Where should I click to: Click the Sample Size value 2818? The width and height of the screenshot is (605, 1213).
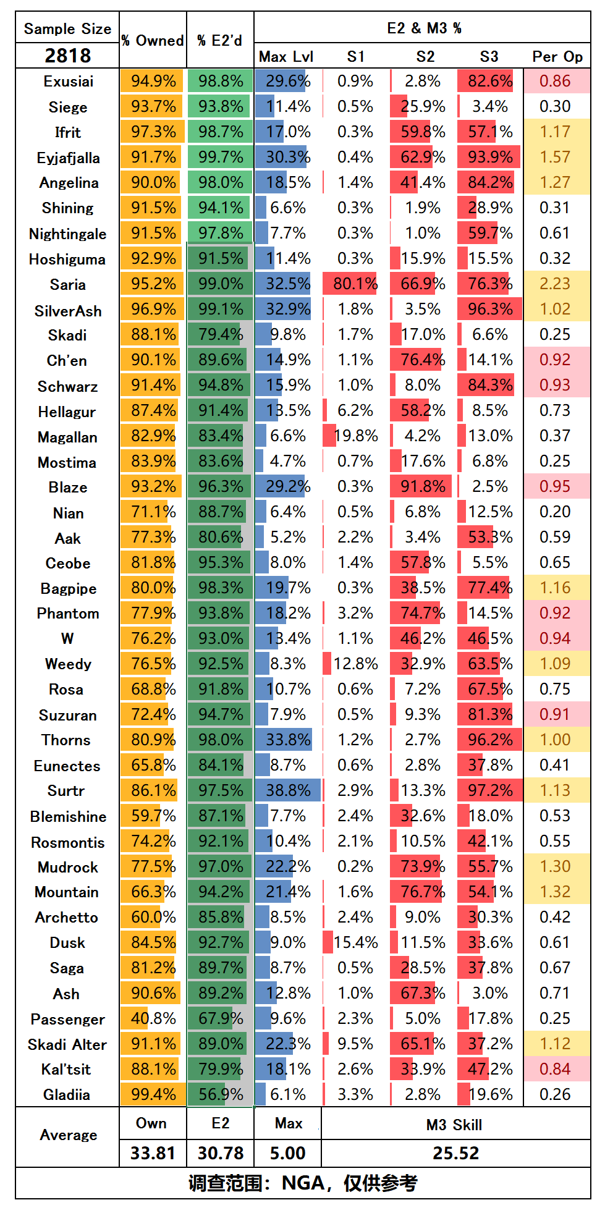pyautogui.click(x=67, y=56)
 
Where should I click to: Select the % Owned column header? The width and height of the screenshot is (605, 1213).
pyautogui.click(x=153, y=41)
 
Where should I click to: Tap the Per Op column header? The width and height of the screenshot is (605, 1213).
pyautogui.click(x=557, y=57)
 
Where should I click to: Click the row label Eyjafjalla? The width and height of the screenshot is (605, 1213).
pyautogui.click(x=68, y=158)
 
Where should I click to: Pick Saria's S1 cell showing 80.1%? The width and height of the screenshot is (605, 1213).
pyautogui.click(x=355, y=284)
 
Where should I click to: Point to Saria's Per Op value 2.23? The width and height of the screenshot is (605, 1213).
pyautogui.click(x=555, y=284)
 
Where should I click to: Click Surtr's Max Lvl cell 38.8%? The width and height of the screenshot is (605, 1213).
pyautogui.click(x=288, y=790)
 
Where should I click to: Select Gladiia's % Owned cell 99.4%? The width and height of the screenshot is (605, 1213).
pyautogui.click(x=153, y=1094)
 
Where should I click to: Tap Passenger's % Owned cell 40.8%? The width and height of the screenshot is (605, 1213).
pyautogui.click(x=153, y=1018)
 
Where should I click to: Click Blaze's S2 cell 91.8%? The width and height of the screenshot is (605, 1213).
pyautogui.click(x=423, y=486)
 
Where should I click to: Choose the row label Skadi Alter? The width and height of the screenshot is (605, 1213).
pyautogui.click(x=67, y=1044)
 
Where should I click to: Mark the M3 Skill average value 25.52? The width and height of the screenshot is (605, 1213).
pyautogui.click(x=455, y=1153)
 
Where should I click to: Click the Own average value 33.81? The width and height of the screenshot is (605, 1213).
pyautogui.click(x=153, y=1153)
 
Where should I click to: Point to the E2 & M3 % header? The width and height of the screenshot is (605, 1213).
pyautogui.click(x=424, y=28)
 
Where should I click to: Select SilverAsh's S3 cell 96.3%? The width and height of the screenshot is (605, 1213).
pyautogui.click(x=490, y=309)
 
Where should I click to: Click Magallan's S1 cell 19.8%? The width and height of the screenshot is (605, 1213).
pyautogui.click(x=355, y=436)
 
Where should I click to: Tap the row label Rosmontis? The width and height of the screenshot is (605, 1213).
pyautogui.click(x=68, y=842)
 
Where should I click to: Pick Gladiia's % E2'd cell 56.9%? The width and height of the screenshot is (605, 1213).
pyautogui.click(x=221, y=1094)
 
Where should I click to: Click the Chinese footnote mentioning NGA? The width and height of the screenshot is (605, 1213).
pyautogui.click(x=303, y=1183)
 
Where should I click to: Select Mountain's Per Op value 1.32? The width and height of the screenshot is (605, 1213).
pyautogui.click(x=555, y=892)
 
